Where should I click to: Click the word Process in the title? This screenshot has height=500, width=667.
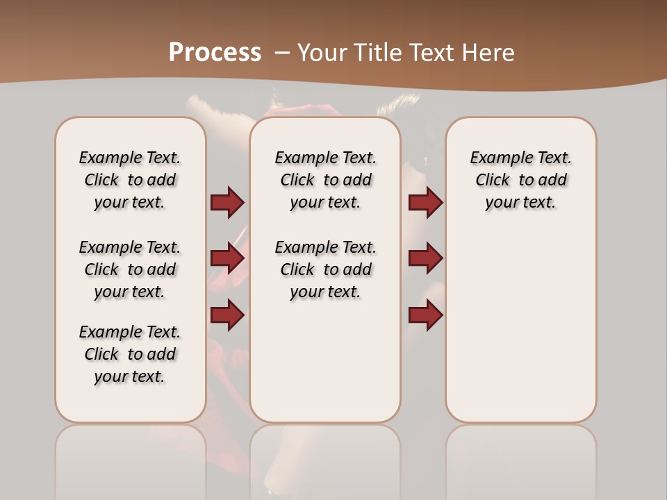coord(215,53)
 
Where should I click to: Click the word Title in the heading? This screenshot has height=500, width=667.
coord(380,53)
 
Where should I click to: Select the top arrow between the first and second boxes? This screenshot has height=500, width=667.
coord(227,203)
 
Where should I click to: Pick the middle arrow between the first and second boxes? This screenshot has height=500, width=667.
coord(227,258)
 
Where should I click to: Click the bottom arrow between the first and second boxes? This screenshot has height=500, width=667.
coord(227,315)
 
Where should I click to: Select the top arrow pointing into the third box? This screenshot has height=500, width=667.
coord(425,203)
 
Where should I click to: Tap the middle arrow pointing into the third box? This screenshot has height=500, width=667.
coord(425,258)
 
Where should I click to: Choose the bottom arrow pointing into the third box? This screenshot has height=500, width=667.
coord(425,315)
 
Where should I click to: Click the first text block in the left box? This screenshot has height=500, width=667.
coord(130,180)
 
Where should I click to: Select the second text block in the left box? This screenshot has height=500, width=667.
coord(130,269)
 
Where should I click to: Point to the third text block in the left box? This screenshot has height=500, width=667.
coord(130,354)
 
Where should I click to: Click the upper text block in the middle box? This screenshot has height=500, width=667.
coord(325,180)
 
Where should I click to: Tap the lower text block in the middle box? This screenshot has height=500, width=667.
coord(325,269)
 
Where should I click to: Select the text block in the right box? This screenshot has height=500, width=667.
coord(520,180)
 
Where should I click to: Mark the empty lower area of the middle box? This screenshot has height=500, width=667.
coord(325,361)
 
